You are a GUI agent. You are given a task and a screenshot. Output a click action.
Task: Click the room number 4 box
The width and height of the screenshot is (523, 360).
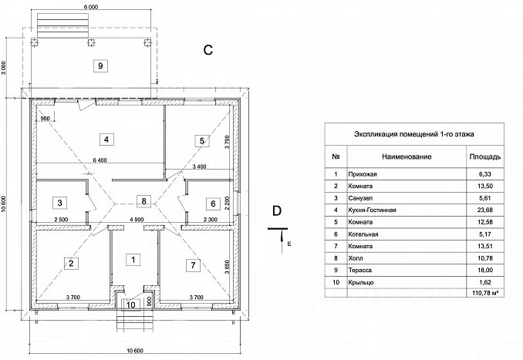[x=108, y=140]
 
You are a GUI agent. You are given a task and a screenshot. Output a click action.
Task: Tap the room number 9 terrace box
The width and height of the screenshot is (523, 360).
[x=100, y=66]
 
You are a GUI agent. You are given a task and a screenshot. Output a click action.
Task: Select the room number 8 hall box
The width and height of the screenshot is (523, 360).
[x=140, y=201]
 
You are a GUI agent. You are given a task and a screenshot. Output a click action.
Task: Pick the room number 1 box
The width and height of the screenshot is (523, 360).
[x=133, y=259]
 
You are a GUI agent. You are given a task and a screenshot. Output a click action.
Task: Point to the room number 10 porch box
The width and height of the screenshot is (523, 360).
[x=131, y=304]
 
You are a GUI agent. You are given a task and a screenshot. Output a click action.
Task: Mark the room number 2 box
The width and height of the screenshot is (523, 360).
[x=71, y=264]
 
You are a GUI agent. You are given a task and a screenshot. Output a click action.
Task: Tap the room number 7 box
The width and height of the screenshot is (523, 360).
[x=193, y=264]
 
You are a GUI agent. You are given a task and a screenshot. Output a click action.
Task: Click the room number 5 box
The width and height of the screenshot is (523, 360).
[x=201, y=140]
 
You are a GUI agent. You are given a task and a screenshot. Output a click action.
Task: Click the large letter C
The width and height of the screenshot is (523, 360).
[x=208, y=50]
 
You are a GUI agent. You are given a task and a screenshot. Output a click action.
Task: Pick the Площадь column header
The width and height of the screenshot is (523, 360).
[x=484, y=156]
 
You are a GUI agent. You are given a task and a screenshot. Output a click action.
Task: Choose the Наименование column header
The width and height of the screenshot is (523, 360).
[x=404, y=156]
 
